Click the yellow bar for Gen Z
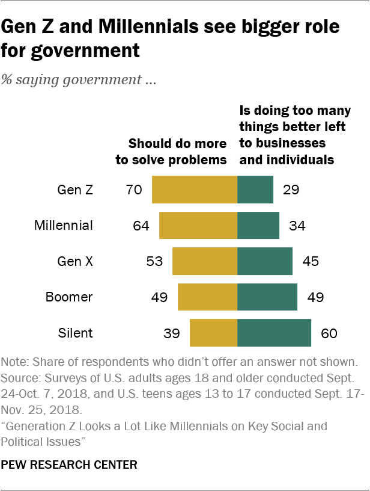click(x=195, y=190)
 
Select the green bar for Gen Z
click(x=255, y=190)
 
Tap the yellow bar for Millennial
click(x=198, y=226)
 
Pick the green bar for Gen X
click(x=265, y=261)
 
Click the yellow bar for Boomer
click(x=207, y=297)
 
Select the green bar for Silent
click(x=274, y=332)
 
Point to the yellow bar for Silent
click(x=213, y=332)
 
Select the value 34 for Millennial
click(x=297, y=226)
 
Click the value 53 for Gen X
click(x=154, y=262)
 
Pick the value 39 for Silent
click(x=172, y=333)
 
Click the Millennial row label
click(x=64, y=226)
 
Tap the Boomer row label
click(x=70, y=297)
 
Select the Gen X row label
click(x=75, y=262)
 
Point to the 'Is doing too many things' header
click(x=287, y=135)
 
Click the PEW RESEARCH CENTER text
click(x=69, y=465)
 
